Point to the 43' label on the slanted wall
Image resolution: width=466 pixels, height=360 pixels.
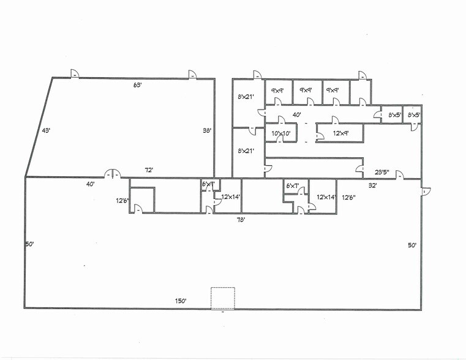tap(45, 130)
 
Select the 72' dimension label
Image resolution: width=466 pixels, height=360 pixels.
tap(148, 170)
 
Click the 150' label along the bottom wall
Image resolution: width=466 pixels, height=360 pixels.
tap(180, 301)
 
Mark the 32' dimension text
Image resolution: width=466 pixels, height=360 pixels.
tap(372, 184)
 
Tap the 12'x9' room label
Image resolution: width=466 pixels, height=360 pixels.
tap(340, 133)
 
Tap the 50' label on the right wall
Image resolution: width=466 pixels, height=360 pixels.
tap(412, 245)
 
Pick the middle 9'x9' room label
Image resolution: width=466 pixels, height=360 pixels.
tap(306, 91)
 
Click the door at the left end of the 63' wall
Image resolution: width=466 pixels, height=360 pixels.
tap(73, 73)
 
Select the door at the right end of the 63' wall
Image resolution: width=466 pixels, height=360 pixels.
tap(192, 73)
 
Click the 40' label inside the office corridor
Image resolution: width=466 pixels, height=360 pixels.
tap(296, 114)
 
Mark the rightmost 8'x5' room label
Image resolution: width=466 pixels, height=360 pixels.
tap(414, 114)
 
